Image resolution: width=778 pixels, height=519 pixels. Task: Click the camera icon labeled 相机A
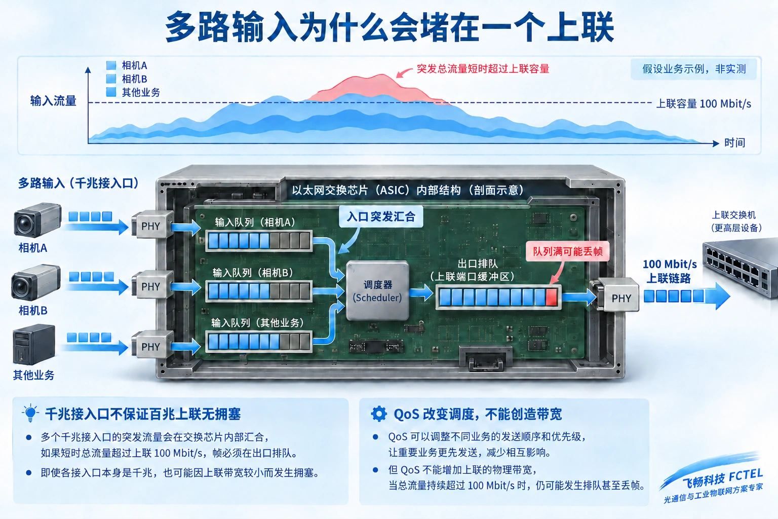tap(37, 220)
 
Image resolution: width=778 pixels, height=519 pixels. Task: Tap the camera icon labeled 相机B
tap(36, 282)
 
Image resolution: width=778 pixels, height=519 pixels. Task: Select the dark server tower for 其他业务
tap(34, 344)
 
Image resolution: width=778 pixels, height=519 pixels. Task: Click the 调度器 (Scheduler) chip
tap(377, 290)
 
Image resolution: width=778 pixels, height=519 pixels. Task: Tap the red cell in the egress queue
tap(551, 297)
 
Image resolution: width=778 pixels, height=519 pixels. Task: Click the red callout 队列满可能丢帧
tap(567, 251)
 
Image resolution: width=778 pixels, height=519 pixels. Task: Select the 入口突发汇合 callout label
tap(381, 216)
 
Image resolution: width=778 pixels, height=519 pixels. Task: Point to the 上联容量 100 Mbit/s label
tap(704, 103)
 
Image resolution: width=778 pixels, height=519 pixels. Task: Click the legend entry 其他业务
tap(133, 92)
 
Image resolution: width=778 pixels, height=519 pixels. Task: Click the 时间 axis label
tap(734, 142)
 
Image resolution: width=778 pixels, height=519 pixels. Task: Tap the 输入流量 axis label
tap(53, 101)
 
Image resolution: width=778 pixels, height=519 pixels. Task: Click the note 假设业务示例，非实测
tap(693, 69)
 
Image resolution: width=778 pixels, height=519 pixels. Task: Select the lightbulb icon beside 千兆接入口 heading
tap(30, 413)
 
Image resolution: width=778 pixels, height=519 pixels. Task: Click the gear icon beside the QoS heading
tap(378, 414)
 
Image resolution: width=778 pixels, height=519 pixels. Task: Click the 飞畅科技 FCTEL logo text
tap(722, 478)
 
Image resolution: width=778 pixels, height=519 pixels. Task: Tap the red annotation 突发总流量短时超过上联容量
tap(483, 69)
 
